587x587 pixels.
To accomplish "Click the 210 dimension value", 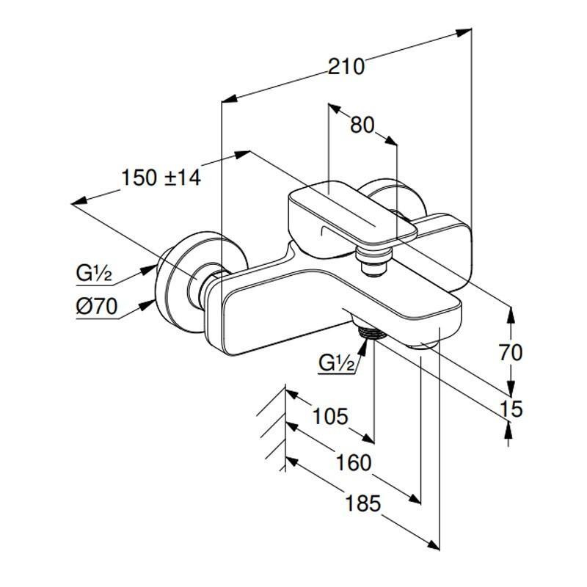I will click(x=346, y=67).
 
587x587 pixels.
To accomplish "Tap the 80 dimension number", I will click(x=362, y=125).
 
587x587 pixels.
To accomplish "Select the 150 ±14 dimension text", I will click(x=161, y=178).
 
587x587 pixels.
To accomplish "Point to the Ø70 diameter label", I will click(x=96, y=307).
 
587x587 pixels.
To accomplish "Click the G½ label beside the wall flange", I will click(x=94, y=275).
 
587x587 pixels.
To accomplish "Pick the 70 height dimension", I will click(x=511, y=353).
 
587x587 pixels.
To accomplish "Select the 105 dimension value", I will click(x=329, y=417).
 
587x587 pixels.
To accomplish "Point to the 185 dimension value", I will click(x=363, y=503).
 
